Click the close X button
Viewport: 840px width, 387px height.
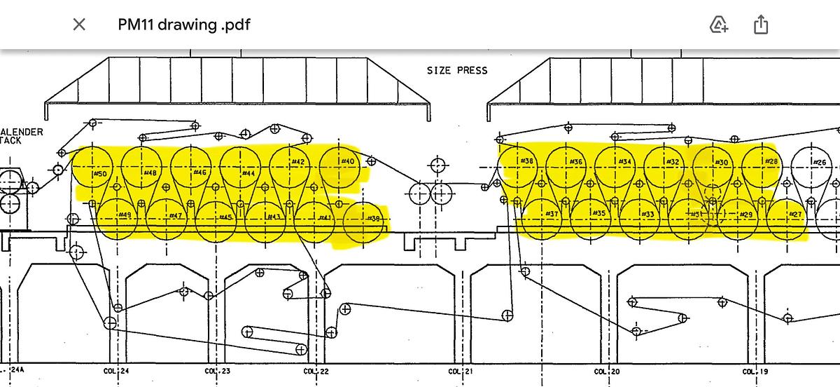point(79,25)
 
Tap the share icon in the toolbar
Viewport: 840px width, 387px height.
point(761,25)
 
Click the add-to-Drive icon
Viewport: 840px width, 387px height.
point(719,25)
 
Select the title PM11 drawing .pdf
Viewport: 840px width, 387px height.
point(183,25)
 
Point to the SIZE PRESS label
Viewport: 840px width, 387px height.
point(457,70)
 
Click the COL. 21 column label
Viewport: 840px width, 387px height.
point(461,371)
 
